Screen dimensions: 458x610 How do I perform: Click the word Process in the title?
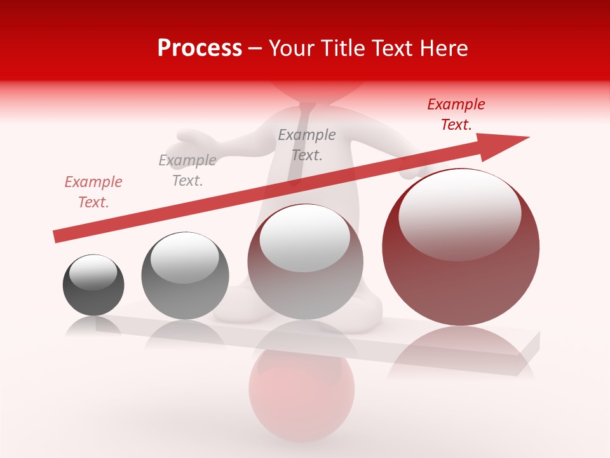(x=200, y=48)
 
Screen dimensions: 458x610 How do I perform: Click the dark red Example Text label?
(x=456, y=114)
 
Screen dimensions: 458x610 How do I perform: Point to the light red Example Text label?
(x=93, y=192)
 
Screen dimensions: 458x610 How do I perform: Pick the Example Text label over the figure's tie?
(x=307, y=145)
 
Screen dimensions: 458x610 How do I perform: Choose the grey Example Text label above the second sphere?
(x=187, y=170)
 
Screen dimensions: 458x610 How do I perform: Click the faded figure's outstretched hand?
(x=191, y=137)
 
